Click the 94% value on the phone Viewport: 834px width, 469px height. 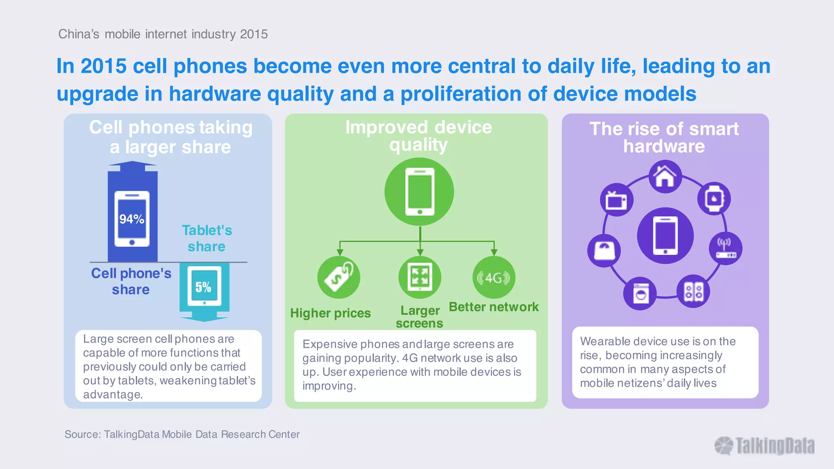pos(132,219)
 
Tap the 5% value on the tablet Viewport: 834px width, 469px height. pos(203,287)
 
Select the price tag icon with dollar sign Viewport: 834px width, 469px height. pos(339,277)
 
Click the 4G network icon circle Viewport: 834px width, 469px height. pos(494,278)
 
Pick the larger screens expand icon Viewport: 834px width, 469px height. pos(419,277)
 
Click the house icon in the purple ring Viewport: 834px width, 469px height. pos(665,177)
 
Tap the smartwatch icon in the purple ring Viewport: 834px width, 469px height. pos(714,199)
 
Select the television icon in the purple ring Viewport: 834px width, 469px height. pos(616,200)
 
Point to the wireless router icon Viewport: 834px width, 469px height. pos(725,248)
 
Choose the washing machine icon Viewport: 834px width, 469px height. pos(640,294)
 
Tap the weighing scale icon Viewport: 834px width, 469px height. pos(604,250)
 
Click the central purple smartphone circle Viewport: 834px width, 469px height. pos(665,236)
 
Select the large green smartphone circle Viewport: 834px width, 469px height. pos(419,192)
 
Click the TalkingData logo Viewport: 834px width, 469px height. pos(764,446)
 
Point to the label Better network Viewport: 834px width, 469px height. pos(494,307)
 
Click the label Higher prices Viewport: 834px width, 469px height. pos(330,313)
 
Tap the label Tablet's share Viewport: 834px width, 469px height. pos(207,238)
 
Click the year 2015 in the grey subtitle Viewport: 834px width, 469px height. pos(254,34)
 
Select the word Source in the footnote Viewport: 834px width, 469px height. pos(81,434)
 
